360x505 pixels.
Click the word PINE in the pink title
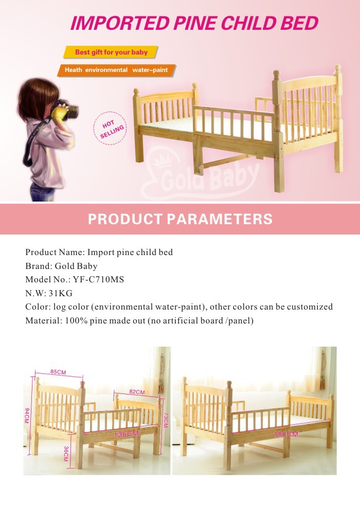(x=195, y=24)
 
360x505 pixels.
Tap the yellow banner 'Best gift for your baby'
(x=111, y=52)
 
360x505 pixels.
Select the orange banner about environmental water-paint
(x=117, y=70)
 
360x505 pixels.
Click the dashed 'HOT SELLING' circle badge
(x=110, y=128)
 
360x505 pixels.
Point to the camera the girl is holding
(x=67, y=110)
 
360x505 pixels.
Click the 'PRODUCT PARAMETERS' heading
(x=180, y=219)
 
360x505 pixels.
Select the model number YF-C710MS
(x=99, y=280)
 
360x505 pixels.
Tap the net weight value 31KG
(x=61, y=294)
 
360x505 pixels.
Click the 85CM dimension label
(x=58, y=372)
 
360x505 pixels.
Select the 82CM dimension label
(x=137, y=392)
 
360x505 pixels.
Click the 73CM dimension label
(x=166, y=420)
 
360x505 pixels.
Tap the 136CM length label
(x=126, y=434)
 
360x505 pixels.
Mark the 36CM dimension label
(x=66, y=454)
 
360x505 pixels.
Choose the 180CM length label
(x=286, y=434)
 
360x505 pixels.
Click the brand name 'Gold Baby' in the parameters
(x=76, y=266)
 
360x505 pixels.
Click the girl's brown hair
(x=37, y=97)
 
